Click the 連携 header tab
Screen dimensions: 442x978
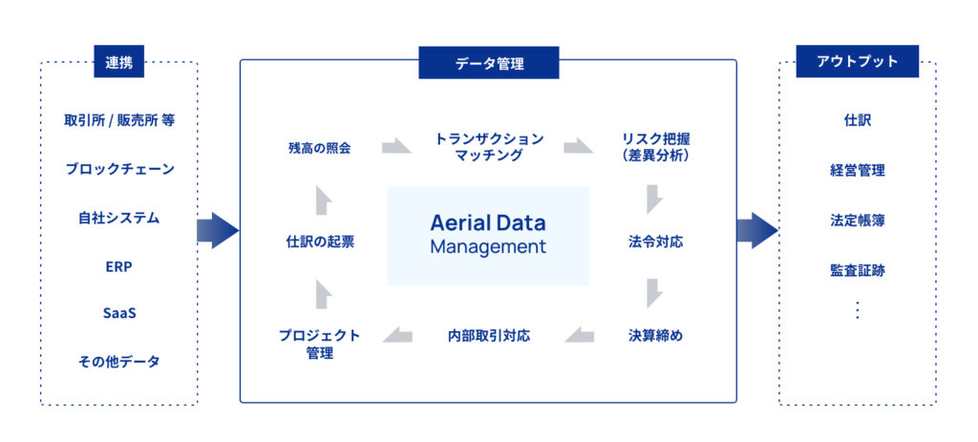pos(118,63)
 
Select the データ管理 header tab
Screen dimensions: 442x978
pos(488,63)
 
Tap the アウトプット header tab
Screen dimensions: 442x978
pos(857,63)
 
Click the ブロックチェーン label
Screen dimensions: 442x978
pos(119,169)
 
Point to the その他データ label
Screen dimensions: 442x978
pos(119,362)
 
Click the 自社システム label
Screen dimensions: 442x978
pos(119,218)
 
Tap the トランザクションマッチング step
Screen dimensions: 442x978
pos(488,147)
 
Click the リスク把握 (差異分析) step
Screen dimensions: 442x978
pos(655,147)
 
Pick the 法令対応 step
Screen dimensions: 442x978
pos(655,242)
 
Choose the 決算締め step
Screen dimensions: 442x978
pos(655,335)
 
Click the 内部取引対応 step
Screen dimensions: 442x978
pos(488,335)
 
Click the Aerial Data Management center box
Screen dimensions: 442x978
pos(488,235)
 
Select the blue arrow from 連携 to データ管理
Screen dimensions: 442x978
pos(218,230)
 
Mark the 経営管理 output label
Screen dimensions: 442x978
pos(857,171)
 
